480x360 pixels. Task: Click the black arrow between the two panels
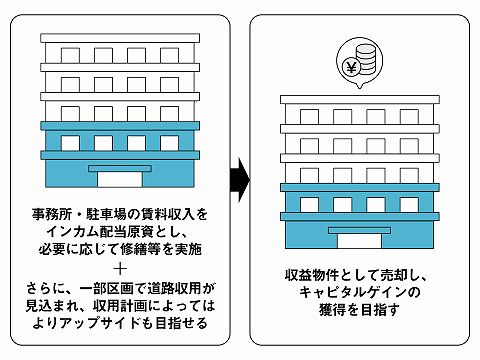[239, 180]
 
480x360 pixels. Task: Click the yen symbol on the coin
[352, 68]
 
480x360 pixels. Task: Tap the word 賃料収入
[158, 214]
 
